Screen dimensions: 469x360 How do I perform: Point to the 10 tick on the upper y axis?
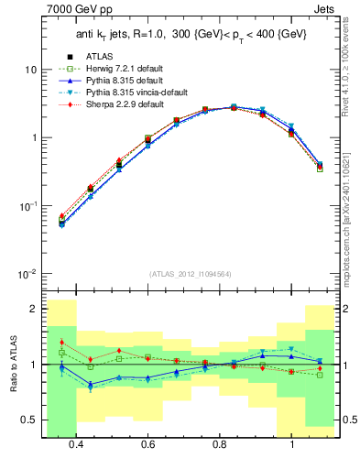coord(31,71)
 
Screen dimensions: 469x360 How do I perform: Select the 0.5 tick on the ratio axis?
coord(29,420)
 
